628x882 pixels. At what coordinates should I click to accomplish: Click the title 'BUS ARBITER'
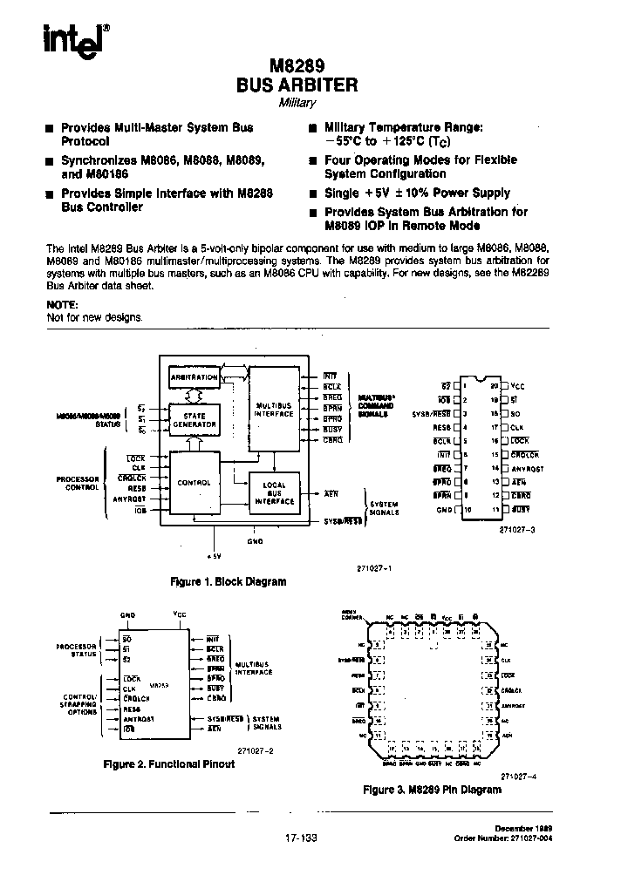tap(297, 85)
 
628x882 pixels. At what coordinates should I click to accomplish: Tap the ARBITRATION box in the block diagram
tap(194, 377)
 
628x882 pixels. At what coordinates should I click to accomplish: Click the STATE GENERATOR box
tap(195, 420)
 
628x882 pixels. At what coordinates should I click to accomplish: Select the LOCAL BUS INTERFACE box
tap(274, 494)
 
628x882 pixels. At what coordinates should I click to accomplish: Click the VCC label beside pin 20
tap(518, 384)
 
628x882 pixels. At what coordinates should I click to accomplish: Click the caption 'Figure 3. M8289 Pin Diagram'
tap(432, 790)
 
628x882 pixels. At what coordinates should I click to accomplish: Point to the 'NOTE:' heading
tap(61, 305)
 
